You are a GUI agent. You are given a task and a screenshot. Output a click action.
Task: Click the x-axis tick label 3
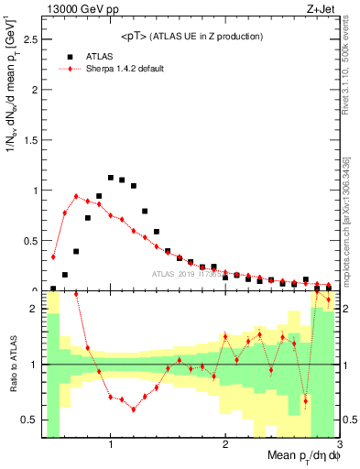click(x=340, y=445)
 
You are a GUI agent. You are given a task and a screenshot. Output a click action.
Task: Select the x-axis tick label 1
click(x=111, y=445)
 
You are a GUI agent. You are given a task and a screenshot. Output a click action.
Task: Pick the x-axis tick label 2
click(x=225, y=445)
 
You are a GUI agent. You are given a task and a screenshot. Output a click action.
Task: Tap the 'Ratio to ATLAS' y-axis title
click(x=12, y=364)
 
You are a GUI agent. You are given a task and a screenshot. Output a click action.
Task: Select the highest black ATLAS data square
click(x=111, y=178)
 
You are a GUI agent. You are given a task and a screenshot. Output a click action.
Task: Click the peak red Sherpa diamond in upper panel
click(x=76, y=196)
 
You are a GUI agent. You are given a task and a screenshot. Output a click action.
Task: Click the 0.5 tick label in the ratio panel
click(x=29, y=420)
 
